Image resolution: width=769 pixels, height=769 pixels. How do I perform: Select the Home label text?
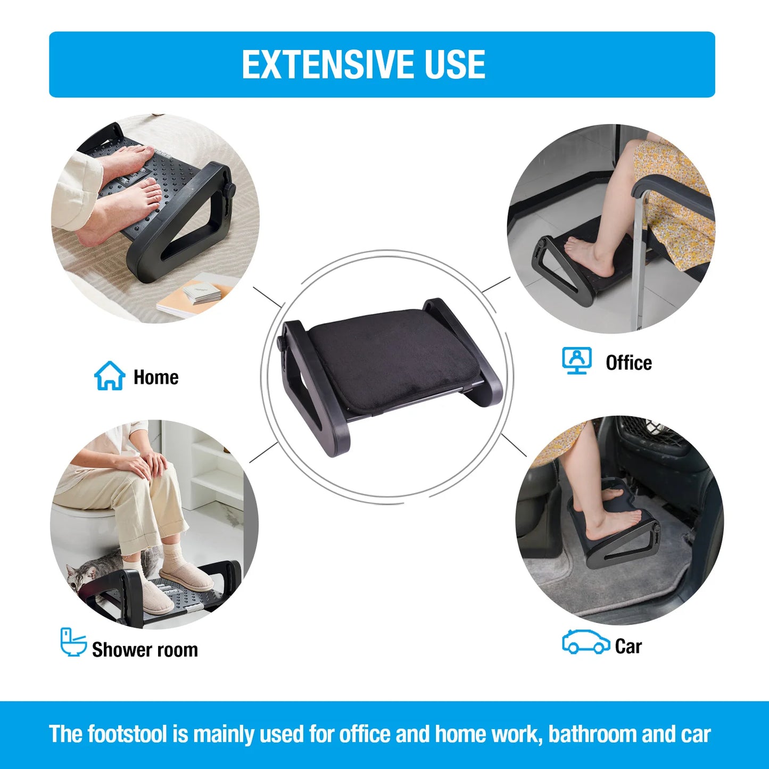(156, 377)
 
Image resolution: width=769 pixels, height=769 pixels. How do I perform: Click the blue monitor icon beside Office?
(577, 361)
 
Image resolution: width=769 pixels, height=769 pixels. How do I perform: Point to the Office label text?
(629, 363)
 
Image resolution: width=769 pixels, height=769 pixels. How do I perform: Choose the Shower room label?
(145, 650)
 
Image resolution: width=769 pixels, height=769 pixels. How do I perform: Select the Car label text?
(628, 647)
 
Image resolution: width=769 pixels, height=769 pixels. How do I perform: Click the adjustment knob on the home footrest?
(230, 190)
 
